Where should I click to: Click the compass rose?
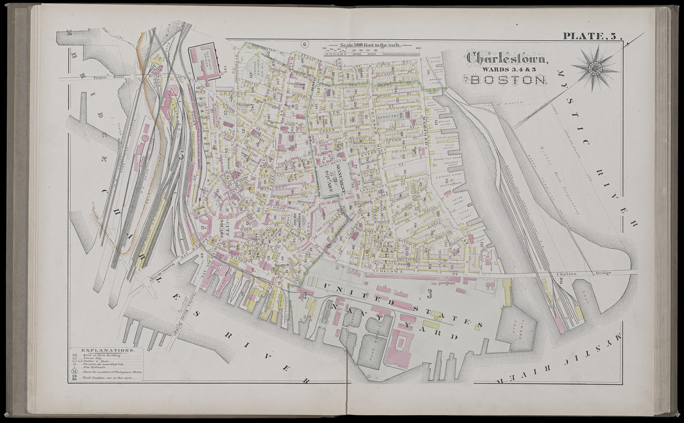[x=595, y=67]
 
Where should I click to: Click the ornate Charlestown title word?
[x=507, y=57]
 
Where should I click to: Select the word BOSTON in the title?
[x=508, y=80]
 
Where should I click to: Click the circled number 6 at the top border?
[x=305, y=44]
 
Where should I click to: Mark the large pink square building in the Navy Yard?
[x=399, y=349]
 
